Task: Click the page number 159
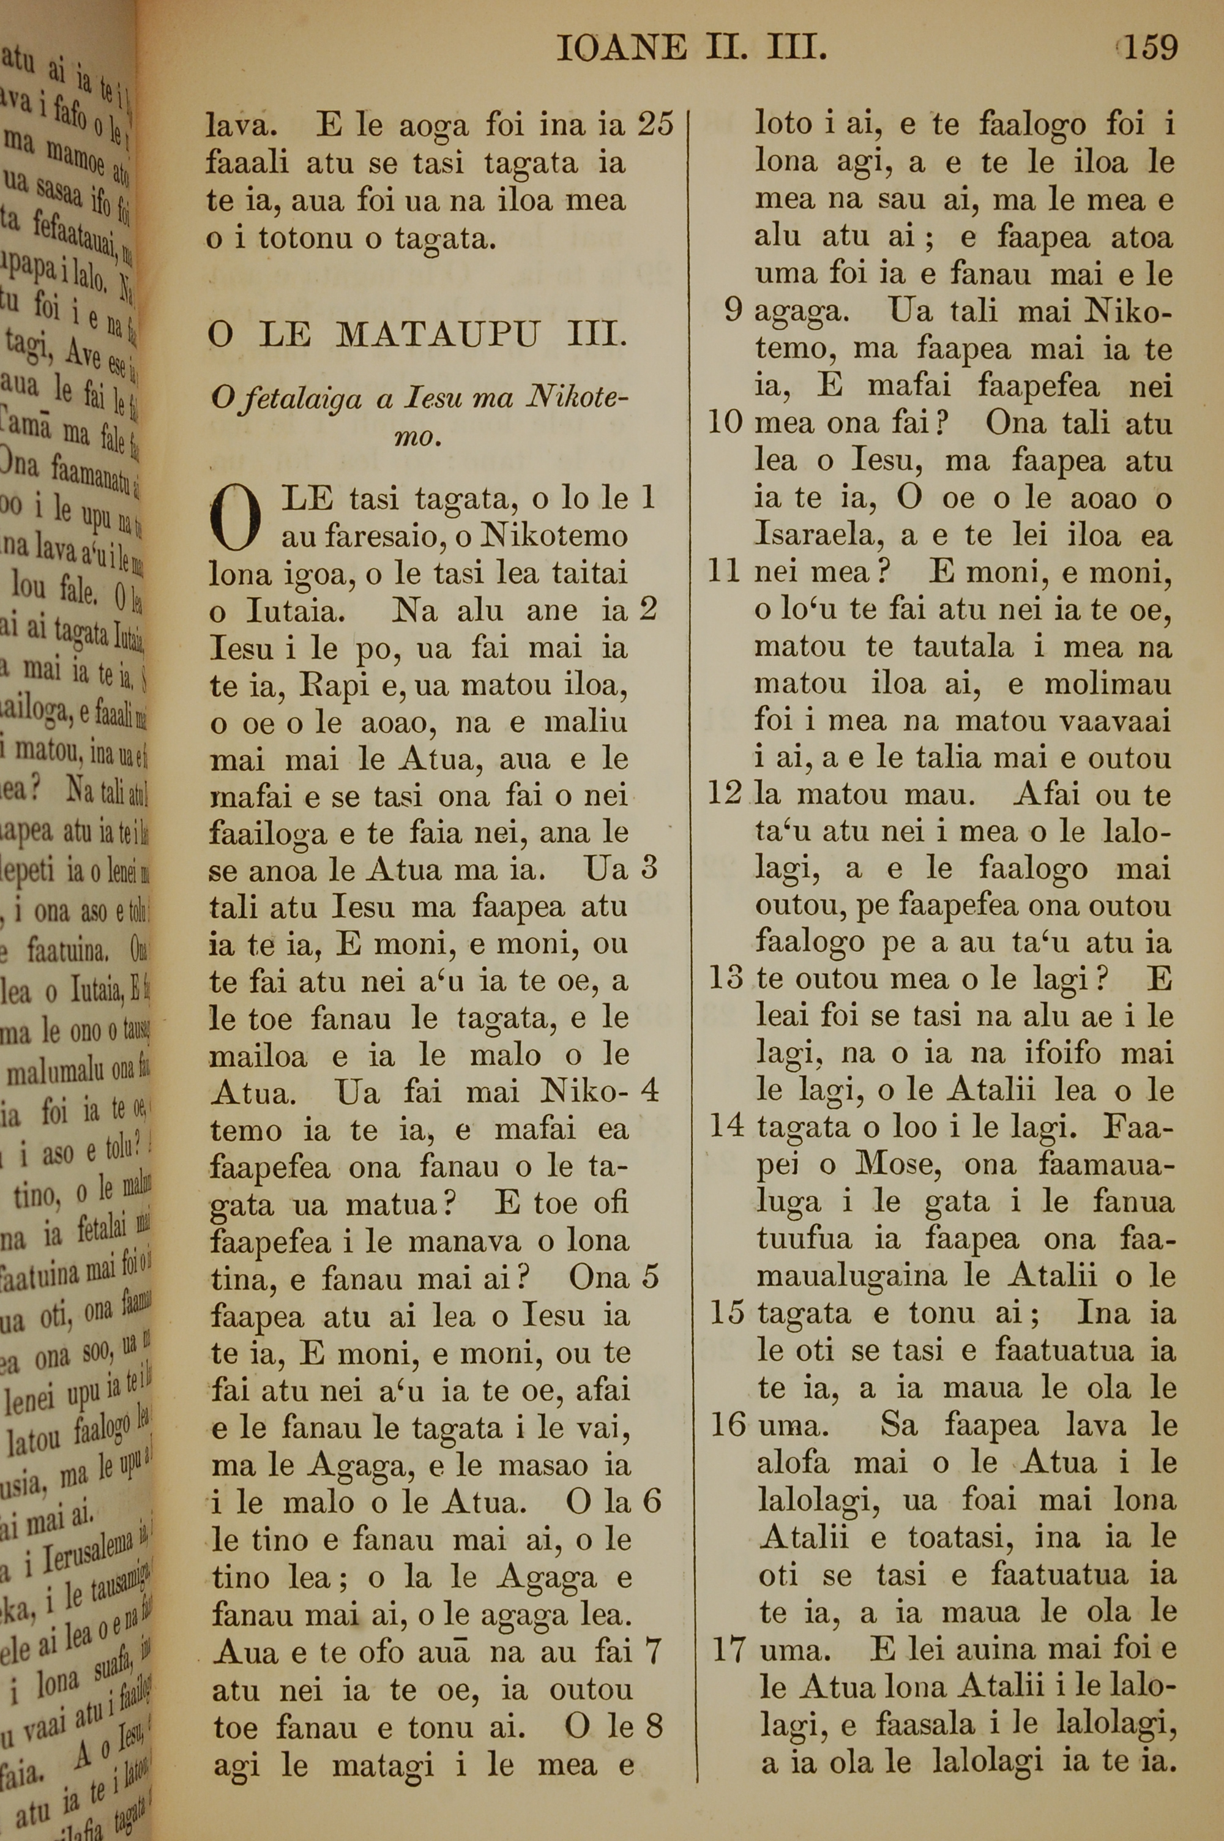click(1150, 48)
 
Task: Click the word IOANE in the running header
click(622, 50)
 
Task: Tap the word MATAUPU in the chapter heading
click(438, 335)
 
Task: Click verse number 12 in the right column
click(725, 794)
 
